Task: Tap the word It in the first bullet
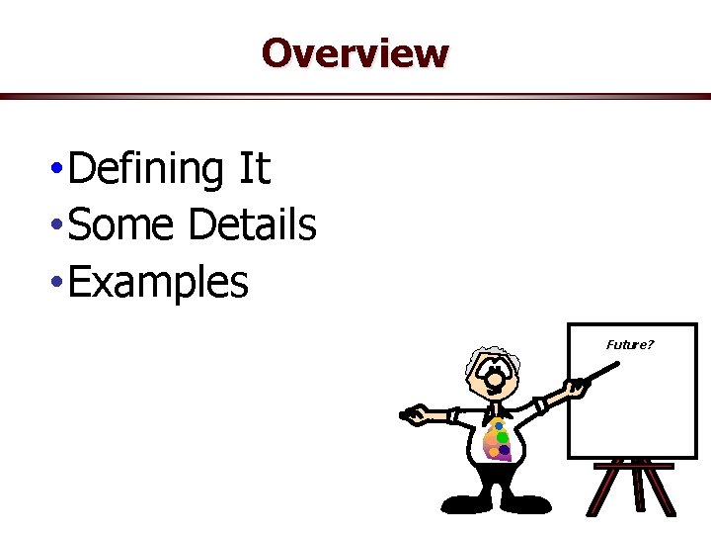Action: coord(254,169)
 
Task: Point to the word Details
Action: coord(252,225)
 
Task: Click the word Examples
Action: coord(160,283)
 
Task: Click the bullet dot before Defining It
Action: coord(60,171)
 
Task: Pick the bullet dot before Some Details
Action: coord(60,227)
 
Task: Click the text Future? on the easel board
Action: coord(630,344)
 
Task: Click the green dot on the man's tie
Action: coord(503,436)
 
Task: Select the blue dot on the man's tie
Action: coord(498,425)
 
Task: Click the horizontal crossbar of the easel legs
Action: coord(634,466)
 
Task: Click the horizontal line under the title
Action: coord(355,96)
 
